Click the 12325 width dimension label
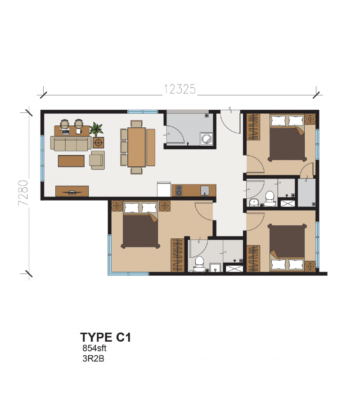tap(180, 89)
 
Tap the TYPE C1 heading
tap(105, 337)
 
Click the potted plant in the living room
tap(96, 130)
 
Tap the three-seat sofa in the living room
tap(70, 144)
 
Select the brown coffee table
tap(71, 161)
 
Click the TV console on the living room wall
tap(72, 191)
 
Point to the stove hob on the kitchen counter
tap(177, 191)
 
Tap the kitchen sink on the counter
tap(204, 191)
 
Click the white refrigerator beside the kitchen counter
tap(164, 189)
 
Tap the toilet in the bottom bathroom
tap(198, 264)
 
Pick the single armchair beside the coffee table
tap(97, 160)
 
